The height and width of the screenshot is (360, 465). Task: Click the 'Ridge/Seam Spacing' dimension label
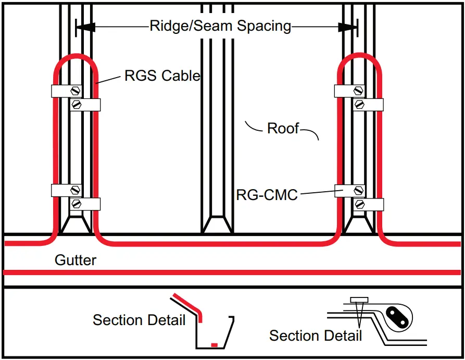click(220, 26)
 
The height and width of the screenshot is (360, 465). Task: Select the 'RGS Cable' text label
click(162, 76)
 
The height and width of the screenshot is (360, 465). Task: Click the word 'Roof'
click(283, 128)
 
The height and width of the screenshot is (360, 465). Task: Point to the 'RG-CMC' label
click(267, 195)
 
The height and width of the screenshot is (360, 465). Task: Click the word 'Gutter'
click(76, 259)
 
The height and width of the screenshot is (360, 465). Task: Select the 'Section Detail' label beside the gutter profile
click(139, 319)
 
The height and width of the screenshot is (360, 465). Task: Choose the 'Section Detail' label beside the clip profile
click(315, 335)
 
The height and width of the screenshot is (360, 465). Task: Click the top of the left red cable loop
click(77, 56)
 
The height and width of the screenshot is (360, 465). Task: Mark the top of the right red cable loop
click(359, 56)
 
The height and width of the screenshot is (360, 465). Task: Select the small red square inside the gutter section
click(213, 344)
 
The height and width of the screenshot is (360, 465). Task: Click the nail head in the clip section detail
click(359, 300)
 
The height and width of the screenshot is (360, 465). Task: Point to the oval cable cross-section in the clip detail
click(397, 317)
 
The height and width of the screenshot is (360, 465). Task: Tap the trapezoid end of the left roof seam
click(76, 225)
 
